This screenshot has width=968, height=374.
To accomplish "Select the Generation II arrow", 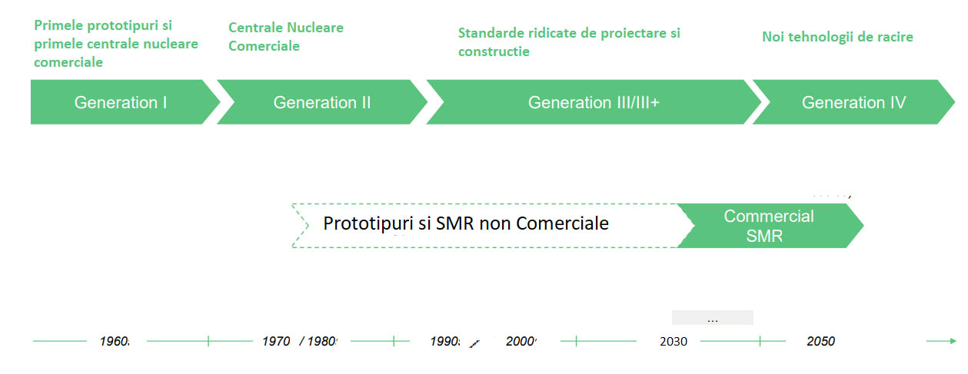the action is [322, 102].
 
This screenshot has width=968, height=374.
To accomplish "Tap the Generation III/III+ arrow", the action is [594, 102].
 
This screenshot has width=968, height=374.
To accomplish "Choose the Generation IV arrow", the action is [853, 102].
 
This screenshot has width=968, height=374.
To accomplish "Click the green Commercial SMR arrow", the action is [769, 226].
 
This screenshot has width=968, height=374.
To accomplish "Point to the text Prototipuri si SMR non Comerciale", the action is [466, 223].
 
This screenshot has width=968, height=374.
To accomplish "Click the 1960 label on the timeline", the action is [115, 341].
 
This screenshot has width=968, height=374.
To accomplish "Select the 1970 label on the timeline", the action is [276, 341].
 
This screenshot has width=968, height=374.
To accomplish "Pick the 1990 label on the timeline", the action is [445, 341].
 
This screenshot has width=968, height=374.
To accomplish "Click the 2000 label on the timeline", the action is [521, 341].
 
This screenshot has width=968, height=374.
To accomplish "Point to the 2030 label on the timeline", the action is [674, 341].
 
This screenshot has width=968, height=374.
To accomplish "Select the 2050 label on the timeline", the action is [820, 341].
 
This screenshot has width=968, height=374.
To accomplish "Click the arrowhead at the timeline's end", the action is [953, 341].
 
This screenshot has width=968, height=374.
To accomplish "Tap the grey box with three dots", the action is [713, 317].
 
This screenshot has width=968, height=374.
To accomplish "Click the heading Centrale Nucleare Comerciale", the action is [286, 37].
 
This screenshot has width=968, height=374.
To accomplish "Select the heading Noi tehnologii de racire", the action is [837, 37].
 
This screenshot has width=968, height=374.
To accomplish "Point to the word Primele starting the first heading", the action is [58, 25].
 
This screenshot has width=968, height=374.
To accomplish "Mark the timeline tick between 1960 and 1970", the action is [208, 341].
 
